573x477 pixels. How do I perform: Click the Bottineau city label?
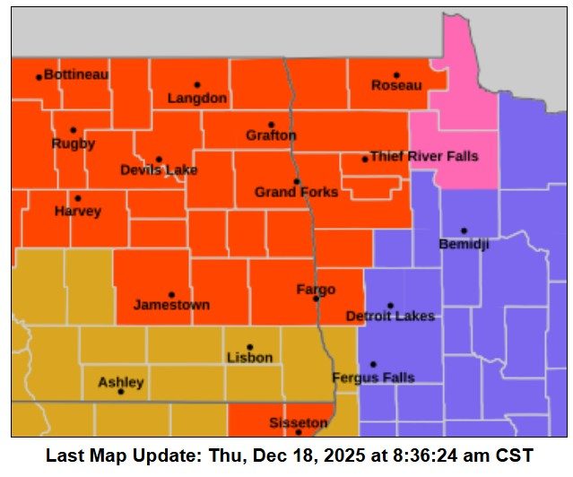coord(76,74)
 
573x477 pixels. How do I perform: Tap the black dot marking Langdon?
coord(197,85)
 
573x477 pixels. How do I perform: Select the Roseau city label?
coord(396,86)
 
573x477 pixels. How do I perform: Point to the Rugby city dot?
coord(74,130)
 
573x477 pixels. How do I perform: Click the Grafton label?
coord(271,136)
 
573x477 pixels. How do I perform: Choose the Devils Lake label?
coord(159,170)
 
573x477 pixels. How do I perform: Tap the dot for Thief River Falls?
coord(365,159)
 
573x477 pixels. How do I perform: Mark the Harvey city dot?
coord(77,198)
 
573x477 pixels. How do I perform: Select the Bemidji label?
coord(464,245)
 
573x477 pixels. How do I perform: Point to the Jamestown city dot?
coord(171,294)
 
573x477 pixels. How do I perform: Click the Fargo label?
coord(316,290)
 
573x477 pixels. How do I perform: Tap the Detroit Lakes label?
coord(390,317)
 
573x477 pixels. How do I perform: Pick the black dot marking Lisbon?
coord(250,347)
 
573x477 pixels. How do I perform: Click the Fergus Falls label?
coord(373,378)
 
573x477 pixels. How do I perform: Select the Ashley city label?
coord(120,383)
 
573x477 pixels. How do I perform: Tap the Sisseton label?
coord(299,422)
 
